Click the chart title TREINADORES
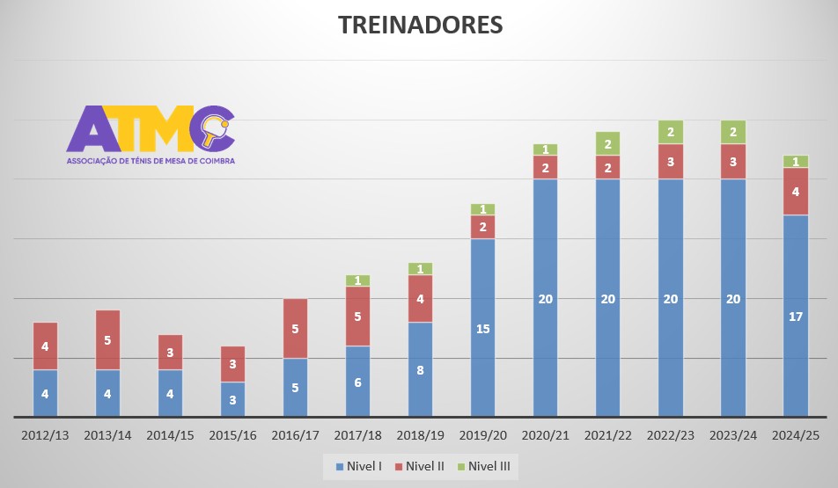[420, 25]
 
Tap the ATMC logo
[151, 134]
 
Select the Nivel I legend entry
[357, 466]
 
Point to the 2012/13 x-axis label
[45, 434]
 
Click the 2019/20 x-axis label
[482, 434]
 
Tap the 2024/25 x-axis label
[796, 434]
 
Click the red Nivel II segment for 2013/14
[107, 339]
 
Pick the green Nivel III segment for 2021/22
[607, 143]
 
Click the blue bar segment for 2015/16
[232, 398]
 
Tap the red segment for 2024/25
[796, 191]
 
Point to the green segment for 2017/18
[357, 280]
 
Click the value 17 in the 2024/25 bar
[796, 317]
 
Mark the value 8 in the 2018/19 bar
[420, 370]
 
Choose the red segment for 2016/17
[295, 328]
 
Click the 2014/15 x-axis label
[170, 434]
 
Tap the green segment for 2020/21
[545, 149]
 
